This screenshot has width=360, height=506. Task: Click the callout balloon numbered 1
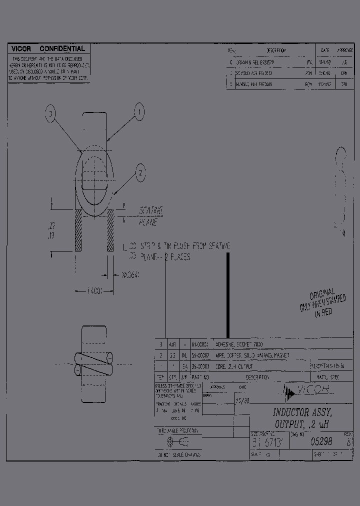139,111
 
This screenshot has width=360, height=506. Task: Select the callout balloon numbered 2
141,173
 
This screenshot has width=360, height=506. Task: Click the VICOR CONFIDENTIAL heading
48,49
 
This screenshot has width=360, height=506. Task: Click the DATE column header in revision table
325,50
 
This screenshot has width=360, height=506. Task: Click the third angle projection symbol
176,442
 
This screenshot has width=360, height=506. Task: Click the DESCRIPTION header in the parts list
257,377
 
